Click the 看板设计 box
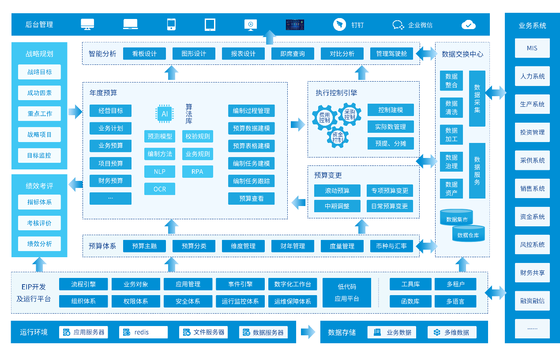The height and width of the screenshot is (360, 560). [x=144, y=53]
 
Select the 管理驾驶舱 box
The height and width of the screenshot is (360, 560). [x=391, y=53]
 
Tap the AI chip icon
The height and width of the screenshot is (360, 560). [x=165, y=113]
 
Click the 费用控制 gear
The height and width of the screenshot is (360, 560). [x=324, y=117]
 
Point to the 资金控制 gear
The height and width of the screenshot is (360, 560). [x=338, y=137]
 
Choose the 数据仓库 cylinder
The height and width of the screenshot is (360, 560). [x=468, y=234]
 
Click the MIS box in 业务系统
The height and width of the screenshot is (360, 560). [x=532, y=48]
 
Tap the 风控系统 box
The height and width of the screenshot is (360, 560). [x=532, y=244]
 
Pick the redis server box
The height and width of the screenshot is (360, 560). [x=143, y=332]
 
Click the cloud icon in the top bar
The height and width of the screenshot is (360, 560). [x=468, y=25]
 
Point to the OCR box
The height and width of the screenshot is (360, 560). [x=160, y=189]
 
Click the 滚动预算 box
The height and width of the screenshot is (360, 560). [x=337, y=191]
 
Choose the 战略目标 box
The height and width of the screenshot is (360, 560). [x=39, y=72]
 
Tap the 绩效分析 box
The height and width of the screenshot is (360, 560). [x=39, y=244]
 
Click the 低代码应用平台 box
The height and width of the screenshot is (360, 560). [x=346, y=292]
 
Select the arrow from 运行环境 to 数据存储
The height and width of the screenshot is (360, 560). [x=308, y=332]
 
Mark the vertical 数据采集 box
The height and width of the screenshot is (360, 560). [x=477, y=98]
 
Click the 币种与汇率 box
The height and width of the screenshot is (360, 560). [x=391, y=246]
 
